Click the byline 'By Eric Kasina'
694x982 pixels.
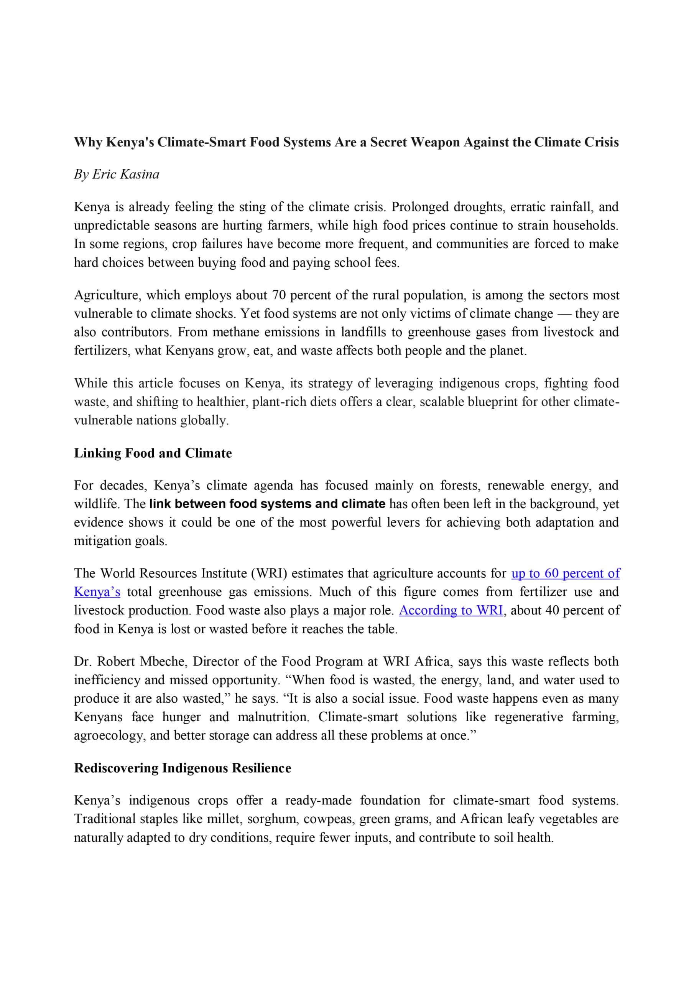point(116,174)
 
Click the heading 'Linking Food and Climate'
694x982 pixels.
point(153,453)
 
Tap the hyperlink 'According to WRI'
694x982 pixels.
point(451,610)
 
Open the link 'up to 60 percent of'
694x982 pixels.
point(565,573)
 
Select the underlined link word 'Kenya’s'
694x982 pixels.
point(97,592)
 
